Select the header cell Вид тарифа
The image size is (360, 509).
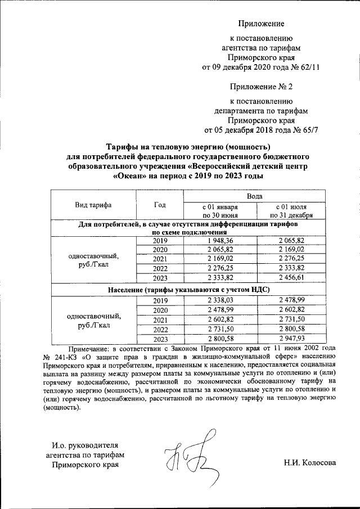click(x=93, y=205)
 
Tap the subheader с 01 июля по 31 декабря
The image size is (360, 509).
click(x=291, y=210)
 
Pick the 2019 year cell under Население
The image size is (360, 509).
click(x=161, y=301)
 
